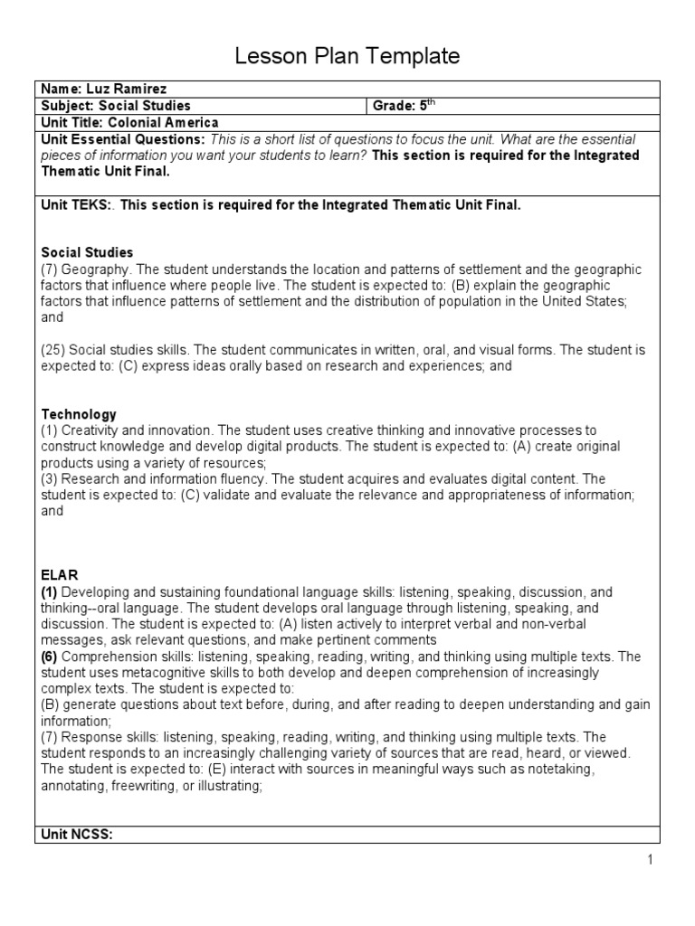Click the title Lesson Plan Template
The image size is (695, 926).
pos(347,56)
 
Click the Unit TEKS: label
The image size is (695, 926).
pos(78,205)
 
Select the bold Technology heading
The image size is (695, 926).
pos(79,413)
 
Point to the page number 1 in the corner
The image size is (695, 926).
pos(650,860)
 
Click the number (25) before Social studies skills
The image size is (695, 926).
pos(53,350)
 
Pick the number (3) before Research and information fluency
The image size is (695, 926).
pos(51,478)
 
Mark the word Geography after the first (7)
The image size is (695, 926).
pos(96,269)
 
